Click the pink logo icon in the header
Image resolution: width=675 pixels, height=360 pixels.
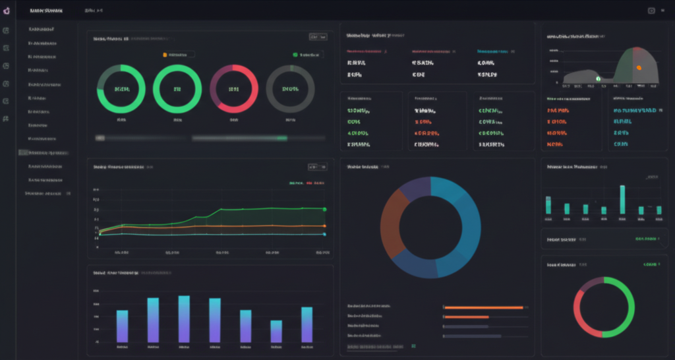click(x=7, y=11)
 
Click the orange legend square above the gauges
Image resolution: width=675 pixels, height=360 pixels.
click(x=165, y=55)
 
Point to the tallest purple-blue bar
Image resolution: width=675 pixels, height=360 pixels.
click(x=184, y=318)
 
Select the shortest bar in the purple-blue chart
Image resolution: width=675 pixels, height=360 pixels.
click(x=276, y=331)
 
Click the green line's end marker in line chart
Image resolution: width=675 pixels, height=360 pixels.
click(x=324, y=209)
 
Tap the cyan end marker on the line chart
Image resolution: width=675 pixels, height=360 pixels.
click(x=324, y=233)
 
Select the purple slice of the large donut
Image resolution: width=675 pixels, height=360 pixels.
click(x=415, y=189)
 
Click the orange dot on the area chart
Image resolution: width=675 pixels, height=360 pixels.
click(x=638, y=68)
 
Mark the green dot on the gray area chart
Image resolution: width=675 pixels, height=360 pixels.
click(x=598, y=78)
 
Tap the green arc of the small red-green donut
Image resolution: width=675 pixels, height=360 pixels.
click(x=627, y=303)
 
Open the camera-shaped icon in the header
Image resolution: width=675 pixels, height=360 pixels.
click(x=651, y=11)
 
